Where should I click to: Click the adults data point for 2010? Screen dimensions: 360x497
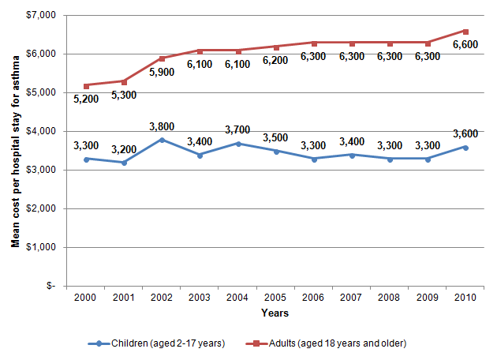(465, 31)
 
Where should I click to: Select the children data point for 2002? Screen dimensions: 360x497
(162, 140)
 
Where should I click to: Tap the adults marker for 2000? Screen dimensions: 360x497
(86, 85)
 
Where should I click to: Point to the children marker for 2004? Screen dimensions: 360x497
(238, 144)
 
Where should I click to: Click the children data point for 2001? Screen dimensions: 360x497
(124, 163)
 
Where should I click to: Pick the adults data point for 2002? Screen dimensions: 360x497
(162, 58)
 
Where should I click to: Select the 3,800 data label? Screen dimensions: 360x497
(160, 124)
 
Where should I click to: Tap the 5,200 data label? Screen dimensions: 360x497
(86, 99)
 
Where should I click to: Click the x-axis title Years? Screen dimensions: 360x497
(275, 313)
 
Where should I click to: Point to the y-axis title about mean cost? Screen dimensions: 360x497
(15, 151)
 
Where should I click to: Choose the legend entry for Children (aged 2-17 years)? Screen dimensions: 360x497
(157, 343)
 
